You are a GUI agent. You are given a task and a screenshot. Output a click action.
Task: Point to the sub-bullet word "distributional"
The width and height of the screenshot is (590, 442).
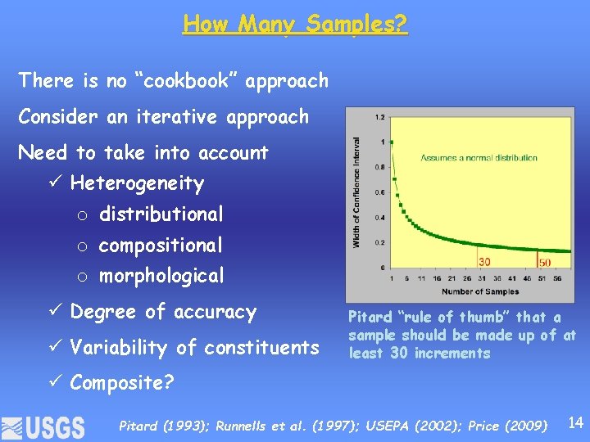[x=161, y=214]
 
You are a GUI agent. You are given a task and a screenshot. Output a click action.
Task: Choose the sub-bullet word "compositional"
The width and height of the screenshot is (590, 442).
[x=161, y=245]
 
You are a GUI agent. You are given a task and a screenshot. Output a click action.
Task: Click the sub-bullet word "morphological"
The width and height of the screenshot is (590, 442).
[x=161, y=276]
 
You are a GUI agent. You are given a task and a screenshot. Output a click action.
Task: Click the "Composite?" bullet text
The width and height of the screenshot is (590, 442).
[x=121, y=382]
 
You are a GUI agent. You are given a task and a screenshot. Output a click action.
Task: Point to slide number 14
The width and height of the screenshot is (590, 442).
[x=575, y=423]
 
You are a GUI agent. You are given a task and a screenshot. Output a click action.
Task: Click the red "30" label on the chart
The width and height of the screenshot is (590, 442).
[x=485, y=262]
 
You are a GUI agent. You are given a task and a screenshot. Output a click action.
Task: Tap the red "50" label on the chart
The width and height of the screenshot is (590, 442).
[x=545, y=262]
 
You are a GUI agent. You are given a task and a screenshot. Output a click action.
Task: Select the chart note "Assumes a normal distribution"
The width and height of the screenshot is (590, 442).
[x=479, y=157]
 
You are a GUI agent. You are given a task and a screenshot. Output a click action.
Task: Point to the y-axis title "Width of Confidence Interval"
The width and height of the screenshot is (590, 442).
[x=356, y=192]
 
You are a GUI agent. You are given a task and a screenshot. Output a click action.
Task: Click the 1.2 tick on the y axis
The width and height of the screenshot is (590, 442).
[x=379, y=118]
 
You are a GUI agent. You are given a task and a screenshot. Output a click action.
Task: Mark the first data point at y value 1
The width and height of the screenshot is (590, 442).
[x=392, y=142]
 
